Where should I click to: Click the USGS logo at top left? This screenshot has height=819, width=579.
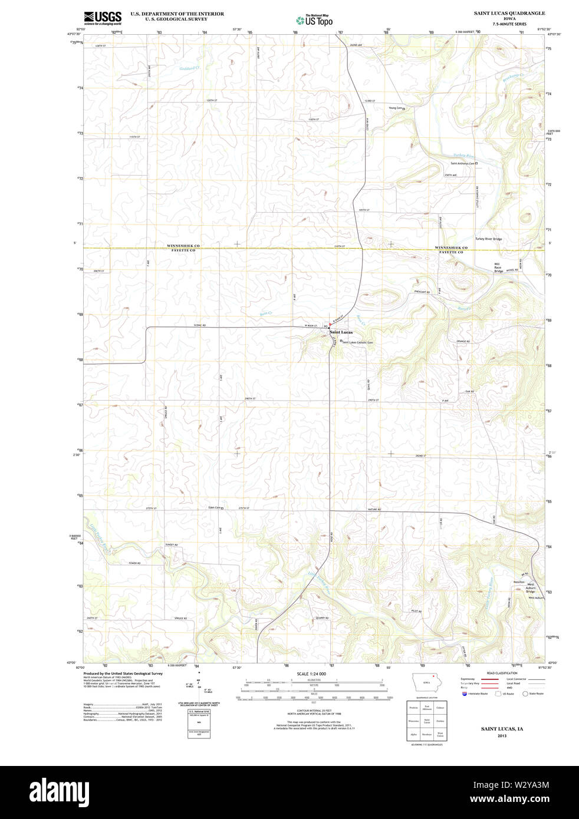coord(102,18)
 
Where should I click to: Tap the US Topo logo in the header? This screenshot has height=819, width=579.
coord(315,20)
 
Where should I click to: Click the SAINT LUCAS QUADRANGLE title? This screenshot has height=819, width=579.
coord(509,13)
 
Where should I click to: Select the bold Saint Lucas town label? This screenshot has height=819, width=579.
coord(341,332)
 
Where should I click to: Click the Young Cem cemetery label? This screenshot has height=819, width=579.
coord(395,108)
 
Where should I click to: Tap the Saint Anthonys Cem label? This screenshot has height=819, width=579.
coord(463,163)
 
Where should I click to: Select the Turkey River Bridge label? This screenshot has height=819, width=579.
coord(488,239)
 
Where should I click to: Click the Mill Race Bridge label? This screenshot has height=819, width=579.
coord(498,268)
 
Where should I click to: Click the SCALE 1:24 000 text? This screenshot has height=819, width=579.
coord(311,673)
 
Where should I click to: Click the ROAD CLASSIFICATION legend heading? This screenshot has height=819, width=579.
coord(502,673)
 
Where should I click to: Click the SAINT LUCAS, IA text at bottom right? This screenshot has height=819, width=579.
coord(501,729)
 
